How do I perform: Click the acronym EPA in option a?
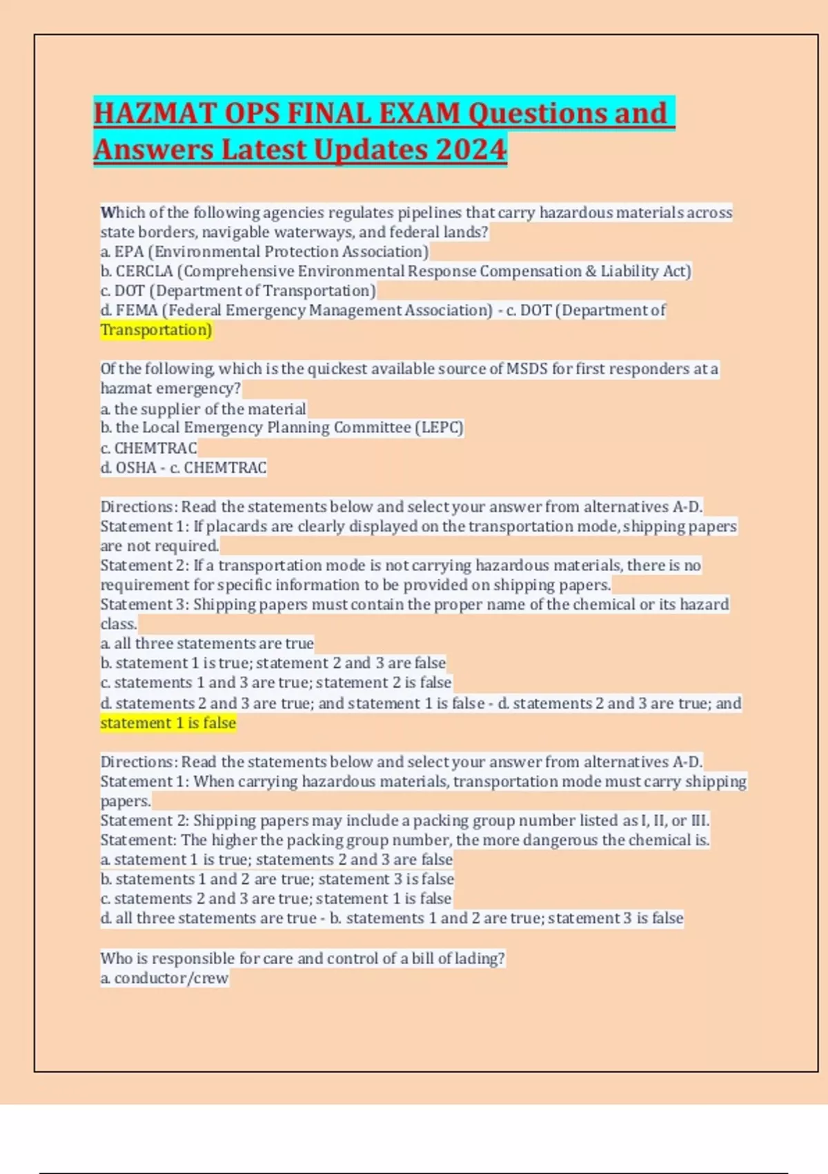click(x=129, y=251)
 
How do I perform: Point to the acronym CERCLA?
click(x=144, y=271)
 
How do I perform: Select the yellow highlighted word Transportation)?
click(x=156, y=330)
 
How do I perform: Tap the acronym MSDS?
click(x=527, y=369)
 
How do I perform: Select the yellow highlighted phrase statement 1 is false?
click(x=168, y=723)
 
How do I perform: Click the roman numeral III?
click(x=699, y=820)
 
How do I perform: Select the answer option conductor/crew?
click(x=171, y=978)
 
